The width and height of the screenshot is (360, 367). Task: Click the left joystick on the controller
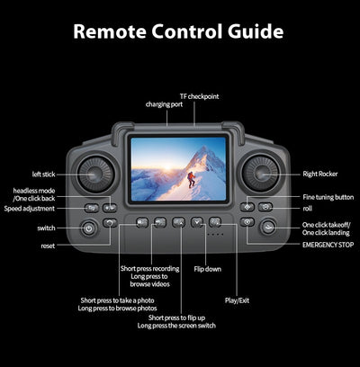[95, 175]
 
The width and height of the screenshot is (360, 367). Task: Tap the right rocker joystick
[260, 174]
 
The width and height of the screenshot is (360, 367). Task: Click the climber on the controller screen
[191, 180]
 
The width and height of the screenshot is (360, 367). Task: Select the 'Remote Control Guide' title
[178, 31]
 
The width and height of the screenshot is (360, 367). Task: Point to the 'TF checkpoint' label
[199, 96]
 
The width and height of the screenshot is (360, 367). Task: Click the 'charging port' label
[164, 104]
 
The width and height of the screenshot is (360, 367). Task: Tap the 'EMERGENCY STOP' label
[328, 245]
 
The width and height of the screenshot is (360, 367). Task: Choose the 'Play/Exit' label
[237, 300]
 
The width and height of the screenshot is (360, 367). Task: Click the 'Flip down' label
[207, 269]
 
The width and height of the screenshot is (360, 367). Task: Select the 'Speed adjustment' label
[30, 209]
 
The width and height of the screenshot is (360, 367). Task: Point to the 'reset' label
[48, 246]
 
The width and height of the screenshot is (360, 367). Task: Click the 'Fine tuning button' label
[328, 197]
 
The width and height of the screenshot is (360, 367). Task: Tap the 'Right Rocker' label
[320, 174]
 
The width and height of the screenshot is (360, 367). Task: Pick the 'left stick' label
[44, 175]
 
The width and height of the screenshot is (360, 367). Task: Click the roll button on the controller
[265, 207]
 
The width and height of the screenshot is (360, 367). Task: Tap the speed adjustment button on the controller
[92, 208]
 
